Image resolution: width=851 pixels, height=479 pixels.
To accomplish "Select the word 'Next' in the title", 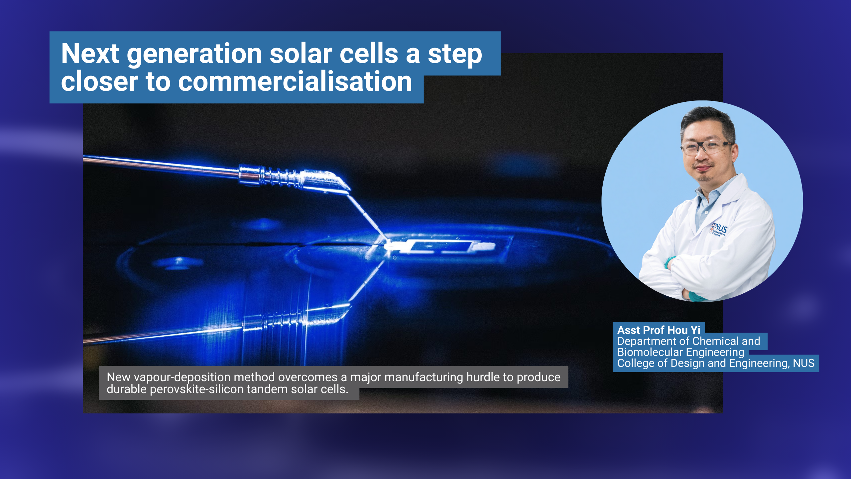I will pyautogui.click(x=90, y=54).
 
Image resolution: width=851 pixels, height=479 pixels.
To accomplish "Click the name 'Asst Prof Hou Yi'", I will pyautogui.click(x=659, y=330).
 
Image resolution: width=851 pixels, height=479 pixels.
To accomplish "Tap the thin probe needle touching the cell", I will pyautogui.click(x=367, y=216).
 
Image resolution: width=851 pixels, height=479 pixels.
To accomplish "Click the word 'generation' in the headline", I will pyautogui.click(x=194, y=54).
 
